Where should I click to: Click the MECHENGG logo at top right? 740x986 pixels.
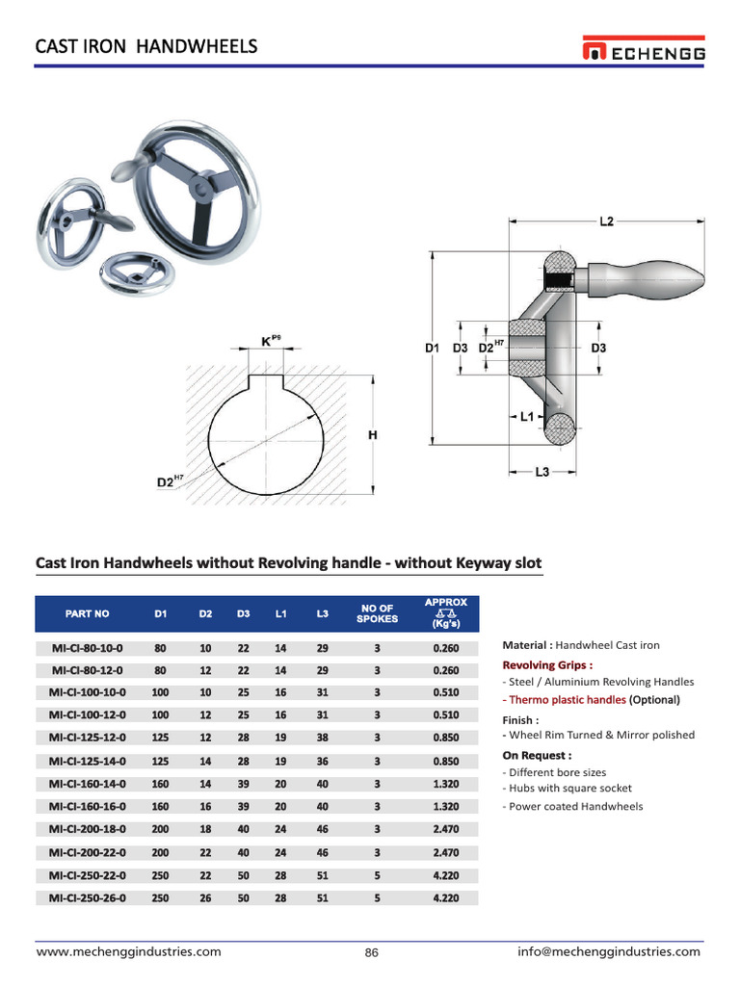pyautogui.click(x=643, y=50)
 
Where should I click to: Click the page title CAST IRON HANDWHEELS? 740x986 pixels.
pyautogui.click(x=146, y=46)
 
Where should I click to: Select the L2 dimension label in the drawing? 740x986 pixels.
pyautogui.click(x=606, y=221)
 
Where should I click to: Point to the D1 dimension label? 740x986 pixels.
pyautogui.click(x=433, y=348)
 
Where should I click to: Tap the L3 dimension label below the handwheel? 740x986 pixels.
pyautogui.click(x=542, y=472)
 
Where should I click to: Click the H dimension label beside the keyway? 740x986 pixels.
pyautogui.click(x=372, y=435)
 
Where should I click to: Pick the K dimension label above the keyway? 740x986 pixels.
pyautogui.click(x=267, y=341)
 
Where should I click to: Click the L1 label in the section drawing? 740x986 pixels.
pyautogui.click(x=526, y=418)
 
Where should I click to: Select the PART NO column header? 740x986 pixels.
pyautogui.click(x=88, y=613)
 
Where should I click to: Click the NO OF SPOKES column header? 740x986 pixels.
pyautogui.click(x=377, y=613)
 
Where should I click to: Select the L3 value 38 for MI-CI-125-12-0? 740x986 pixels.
pyautogui.click(x=322, y=738)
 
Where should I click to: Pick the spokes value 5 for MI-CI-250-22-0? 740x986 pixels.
pyautogui.click(x=377, y=875)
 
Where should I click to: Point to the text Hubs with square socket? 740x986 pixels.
pyautogui.click(x=568, y=788)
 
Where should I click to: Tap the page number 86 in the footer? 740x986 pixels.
pyautogui.click(x=371, y=952)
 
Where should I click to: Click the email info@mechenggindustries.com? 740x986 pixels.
pyautogui.click(x=609, y=951)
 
